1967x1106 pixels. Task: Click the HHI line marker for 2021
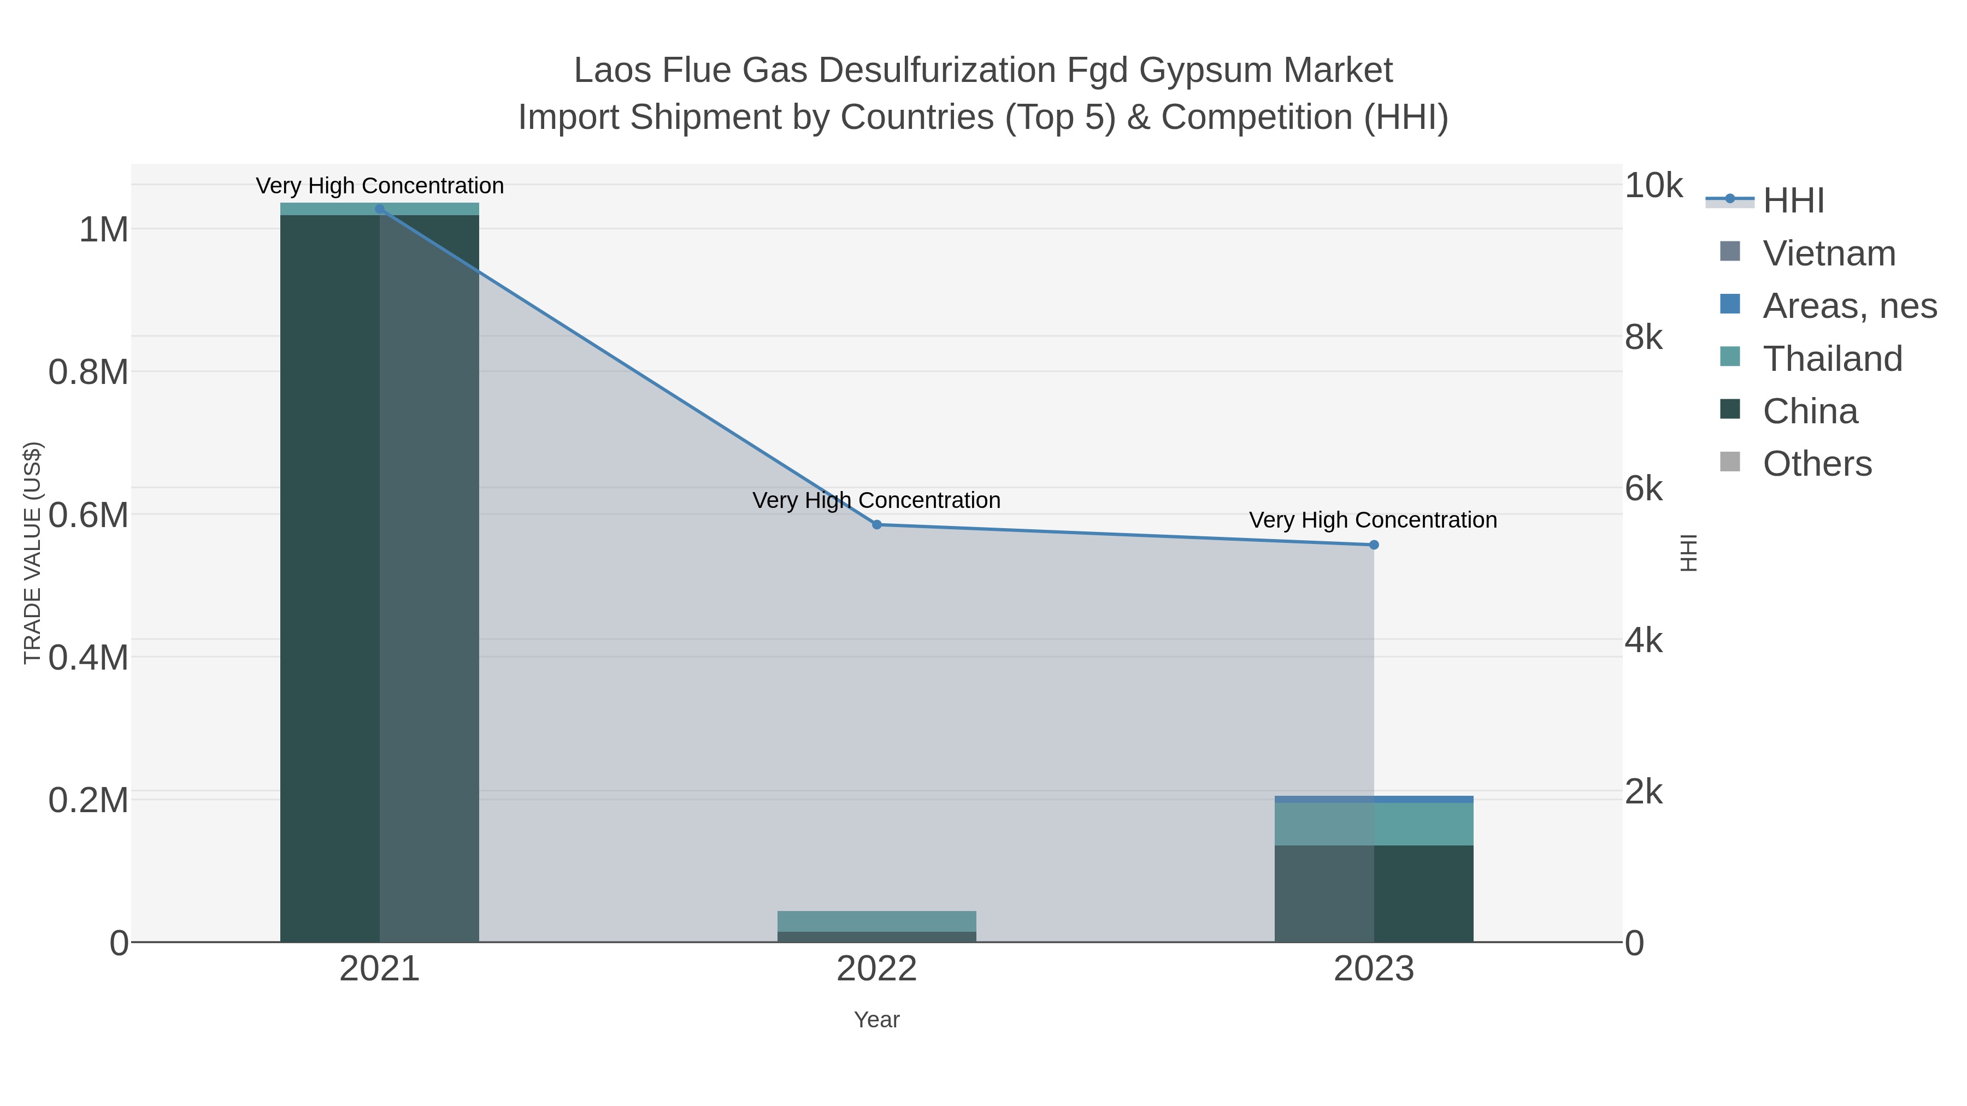pyautogui.click(x=380, y=209)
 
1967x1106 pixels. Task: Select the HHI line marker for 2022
pyautogui.click(x=876, y=524)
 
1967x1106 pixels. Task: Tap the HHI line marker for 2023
pyautogui.click(x=1374, y=545)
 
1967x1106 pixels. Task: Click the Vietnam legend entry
pyautogui.click(x=1829, y=253)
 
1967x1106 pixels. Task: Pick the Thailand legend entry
pyautogui.click(x=1832, y=359)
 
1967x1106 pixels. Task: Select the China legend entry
pyautogui.click(x=1810, y=411)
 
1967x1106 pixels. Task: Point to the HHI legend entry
pyautogui.click(x=1793, y=201)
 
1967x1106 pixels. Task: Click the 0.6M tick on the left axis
pyautogui.click(x=89, y=515)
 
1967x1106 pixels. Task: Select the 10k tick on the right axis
pyautogui.click(x=1653, y=186)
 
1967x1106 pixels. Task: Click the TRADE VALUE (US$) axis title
pyautogui.click(x=32, y=553)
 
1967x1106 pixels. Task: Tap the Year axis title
pyautogui.click(x=876, y=1020)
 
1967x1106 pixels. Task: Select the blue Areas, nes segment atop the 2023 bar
pyautogui.click(x=1374, y=799)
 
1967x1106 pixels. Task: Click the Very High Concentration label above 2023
pyautogui.click(x=1373, y=520)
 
